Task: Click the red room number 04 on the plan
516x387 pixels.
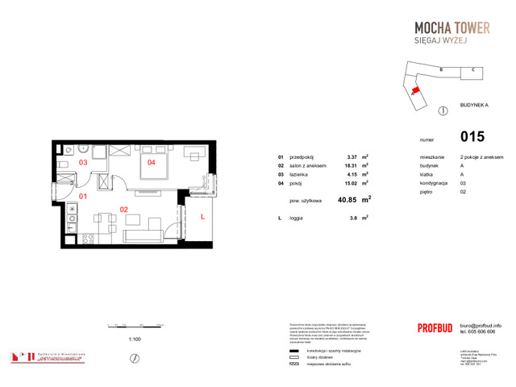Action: click(150, 162)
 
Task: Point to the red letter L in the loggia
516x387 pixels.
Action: click(202, 217)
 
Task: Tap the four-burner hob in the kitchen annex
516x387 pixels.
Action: click(73, 211)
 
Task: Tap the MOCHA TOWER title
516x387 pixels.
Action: click(447, 28)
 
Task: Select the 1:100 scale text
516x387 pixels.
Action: click(135, 339)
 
